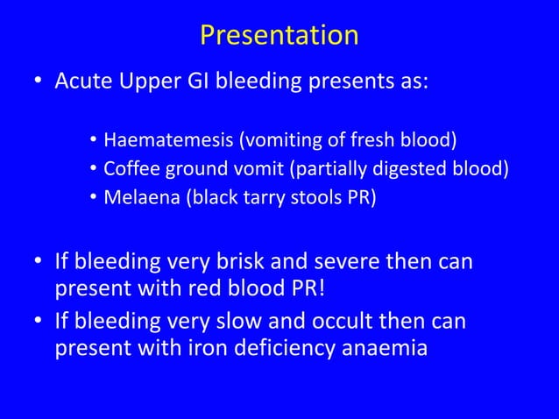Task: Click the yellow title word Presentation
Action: point(279,34)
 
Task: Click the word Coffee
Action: point(131,168)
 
